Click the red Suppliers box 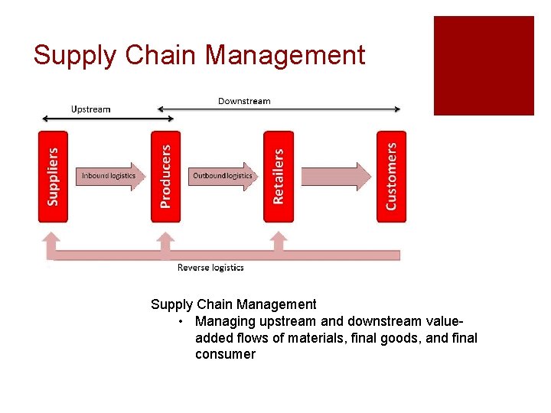[x=53, y=177]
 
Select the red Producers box [x=165, y=177]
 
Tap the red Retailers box [x=278, y=177]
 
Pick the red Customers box [x=391, y=177]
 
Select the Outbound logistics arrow [x=223, y=176]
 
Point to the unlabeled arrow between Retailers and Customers [x=335, y=176]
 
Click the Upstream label [x=90, y=109]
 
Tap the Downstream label [x=244, y=101]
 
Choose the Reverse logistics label [x=210, y=268]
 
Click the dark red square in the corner [x=484, y=66]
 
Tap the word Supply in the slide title [x=73, y=56]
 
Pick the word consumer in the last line [x=225, y=354]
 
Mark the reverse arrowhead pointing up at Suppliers [x=52, y=241]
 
